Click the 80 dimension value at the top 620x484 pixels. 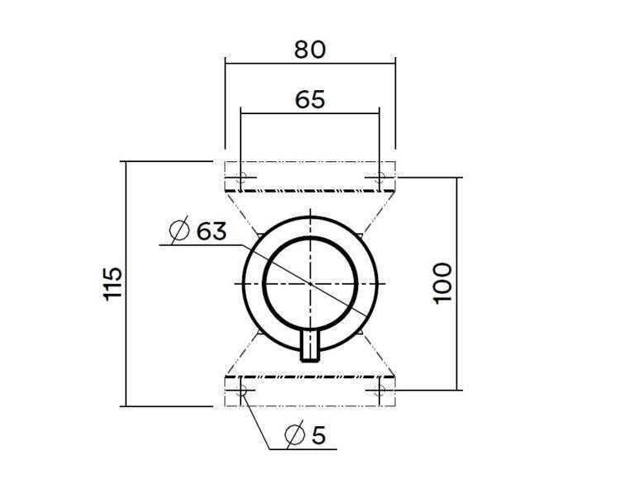tap(310, 49)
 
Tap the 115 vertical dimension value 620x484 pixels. tap(113, 284)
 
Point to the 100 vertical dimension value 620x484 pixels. tap(442, 283)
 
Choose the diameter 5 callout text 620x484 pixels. tap(304, 434)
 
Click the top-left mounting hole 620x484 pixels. tap(241, 177)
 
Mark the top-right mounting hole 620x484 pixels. tap(379, 177)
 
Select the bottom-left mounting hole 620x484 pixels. tap(241, 389)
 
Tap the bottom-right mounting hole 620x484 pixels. tap(379, 389)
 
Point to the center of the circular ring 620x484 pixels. tap(310, 283)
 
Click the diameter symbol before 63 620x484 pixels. tap(178, 231)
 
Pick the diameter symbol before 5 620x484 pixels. tap(293, 434)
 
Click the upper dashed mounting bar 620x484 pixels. tap(310, 177)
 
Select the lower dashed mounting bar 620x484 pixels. tap(310, 390)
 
